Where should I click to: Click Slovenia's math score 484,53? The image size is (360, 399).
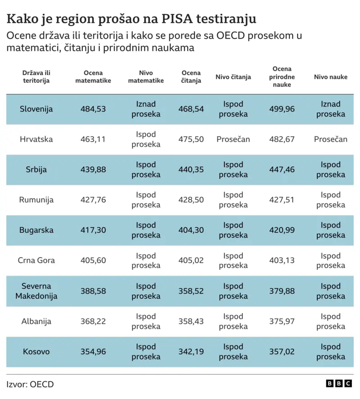[x=93, y=109]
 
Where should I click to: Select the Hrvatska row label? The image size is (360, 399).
[x=36, y=139]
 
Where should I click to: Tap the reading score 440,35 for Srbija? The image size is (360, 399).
[x=191, y=170]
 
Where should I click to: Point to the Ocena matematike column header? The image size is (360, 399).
[x=93, y=76]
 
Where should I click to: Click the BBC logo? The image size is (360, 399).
[x=339, y=383]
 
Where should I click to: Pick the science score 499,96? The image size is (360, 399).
[x=282, y=109]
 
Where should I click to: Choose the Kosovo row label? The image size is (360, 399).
[x=36, y=351]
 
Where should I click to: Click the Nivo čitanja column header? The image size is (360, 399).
[x=233, y=77]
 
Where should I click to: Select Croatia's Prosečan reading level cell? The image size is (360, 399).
[x=233, y=139]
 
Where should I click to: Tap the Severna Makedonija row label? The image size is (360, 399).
[x=36, y=291]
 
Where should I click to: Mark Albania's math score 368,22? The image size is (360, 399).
[x=93, y=321]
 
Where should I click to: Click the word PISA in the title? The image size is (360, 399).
[x=177, y=19]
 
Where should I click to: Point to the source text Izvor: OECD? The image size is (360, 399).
[x=30, y=384]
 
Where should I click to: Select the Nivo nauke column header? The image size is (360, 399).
[x=330, y=77]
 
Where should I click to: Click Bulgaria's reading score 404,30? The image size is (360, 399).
[x=191, y=230]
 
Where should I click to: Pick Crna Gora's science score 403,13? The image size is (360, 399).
[x=282, y=260]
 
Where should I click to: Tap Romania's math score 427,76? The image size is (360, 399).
[x=93, y=200]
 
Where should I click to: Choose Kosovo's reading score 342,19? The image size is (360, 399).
[x=191, y=351]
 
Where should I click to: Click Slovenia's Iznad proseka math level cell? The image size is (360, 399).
[x=146, y=109]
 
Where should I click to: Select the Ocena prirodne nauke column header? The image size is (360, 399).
[x=282, y=76]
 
